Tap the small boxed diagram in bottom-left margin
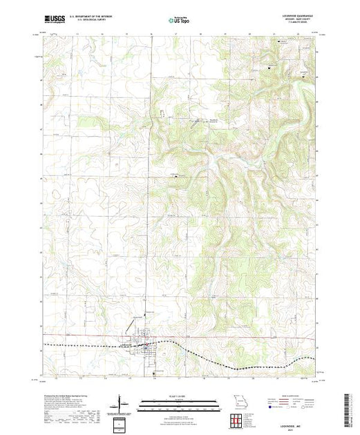(x=122, y=422)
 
